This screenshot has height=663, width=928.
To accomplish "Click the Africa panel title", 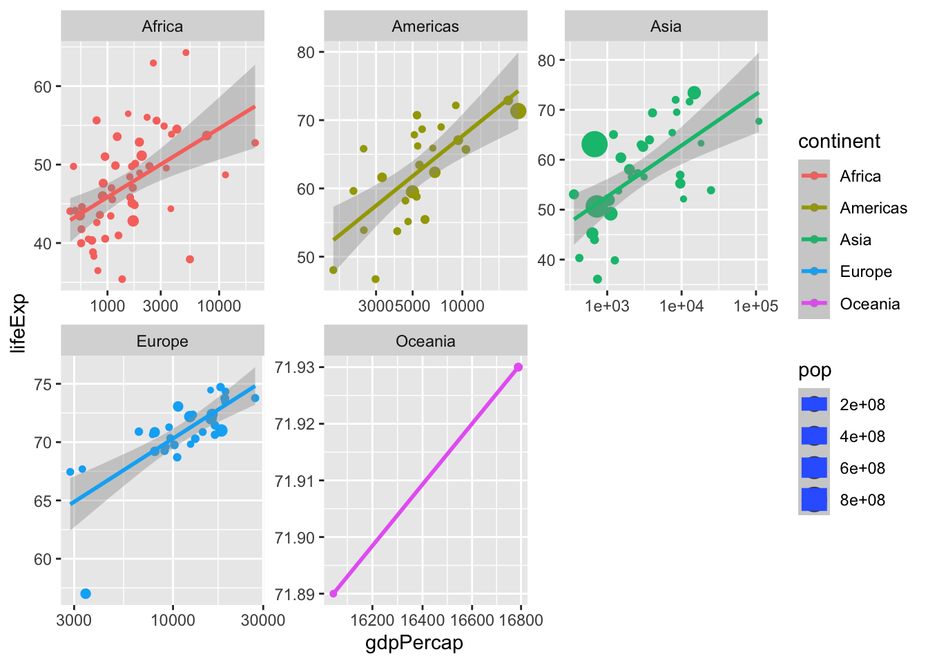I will pyautogui.click(x=162, y=27).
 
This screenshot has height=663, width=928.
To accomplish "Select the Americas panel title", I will pyautogui.click(x=425, y=27).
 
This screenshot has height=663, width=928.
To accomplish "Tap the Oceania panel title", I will pyautogui.click(x=425, y=342).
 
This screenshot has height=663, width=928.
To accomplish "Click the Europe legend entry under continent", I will pyautogui.click(x=866, y=272).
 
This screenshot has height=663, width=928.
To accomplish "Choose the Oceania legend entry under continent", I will pyautogui.click(x=869, y=304).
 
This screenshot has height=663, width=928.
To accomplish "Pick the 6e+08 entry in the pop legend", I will pyautogui.click(x=862, y=468).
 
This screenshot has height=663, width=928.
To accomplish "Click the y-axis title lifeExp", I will pyautogui.click(x=19, y=323).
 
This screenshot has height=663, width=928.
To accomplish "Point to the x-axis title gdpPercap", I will pyautogui.click(x=414, y=644).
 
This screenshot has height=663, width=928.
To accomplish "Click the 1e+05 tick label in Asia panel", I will pyautogui.click(x=755, y=305).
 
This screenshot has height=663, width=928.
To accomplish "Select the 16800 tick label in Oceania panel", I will pyautogui.click(x=520, y=620).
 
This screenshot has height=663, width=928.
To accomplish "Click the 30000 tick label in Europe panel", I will pyautogui.click(x=263, y=620).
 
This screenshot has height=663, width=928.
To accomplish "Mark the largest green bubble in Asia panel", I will pyautogui.click(x=594, y=144).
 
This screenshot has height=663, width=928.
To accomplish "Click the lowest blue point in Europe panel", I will pyautogui.click(x=86, y=594).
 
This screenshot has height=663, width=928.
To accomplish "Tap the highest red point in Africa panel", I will pyautogui.click(x=186, y=52).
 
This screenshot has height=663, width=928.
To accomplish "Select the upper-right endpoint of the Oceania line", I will pyautogui.click(x=518, y=367).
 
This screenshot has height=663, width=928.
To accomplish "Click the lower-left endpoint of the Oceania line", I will pyautogui.click(x=333, y=593).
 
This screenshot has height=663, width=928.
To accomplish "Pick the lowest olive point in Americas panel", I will pyautogui.click(x=376, y=279).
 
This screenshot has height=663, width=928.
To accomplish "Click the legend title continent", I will pyautogui.click(x=839, y=142).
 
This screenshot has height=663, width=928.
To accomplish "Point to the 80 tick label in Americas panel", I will pyautogui.click(x=305, y=52).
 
